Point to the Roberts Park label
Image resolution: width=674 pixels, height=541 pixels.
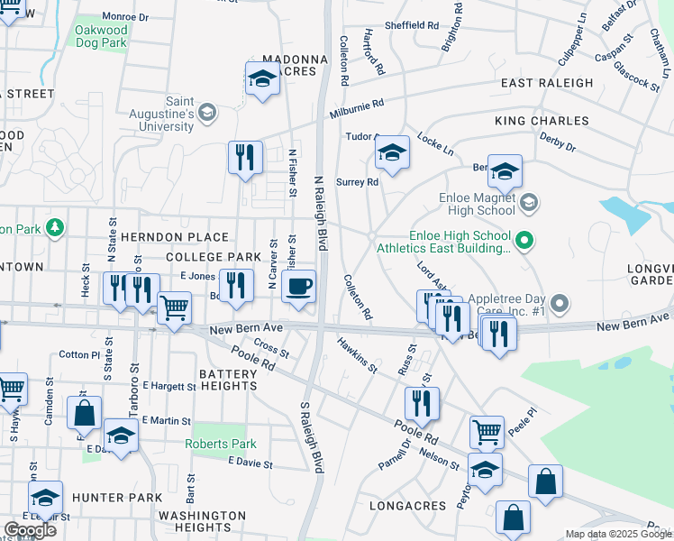point(221,444)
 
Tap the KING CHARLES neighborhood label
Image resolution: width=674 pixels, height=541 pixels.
point(542,121)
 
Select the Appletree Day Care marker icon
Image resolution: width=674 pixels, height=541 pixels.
point(560,302)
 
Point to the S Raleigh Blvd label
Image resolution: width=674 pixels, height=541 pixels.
point(310,437)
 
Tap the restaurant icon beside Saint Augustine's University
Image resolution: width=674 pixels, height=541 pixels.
point(245,158)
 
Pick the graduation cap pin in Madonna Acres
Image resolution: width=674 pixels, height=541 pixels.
point(262,78)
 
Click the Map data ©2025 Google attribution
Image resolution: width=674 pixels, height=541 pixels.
point(618,534)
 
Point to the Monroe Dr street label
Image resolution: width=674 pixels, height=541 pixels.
point(125,17)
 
